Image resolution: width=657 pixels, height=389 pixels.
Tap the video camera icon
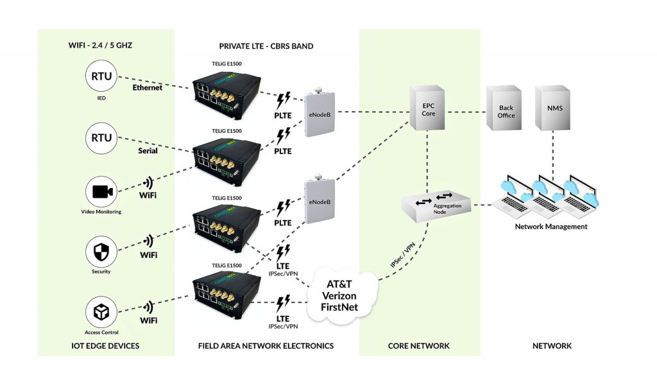[101, 192]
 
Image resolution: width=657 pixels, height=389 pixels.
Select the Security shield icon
[101, 252]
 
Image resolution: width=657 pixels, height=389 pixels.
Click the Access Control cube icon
[101, 313]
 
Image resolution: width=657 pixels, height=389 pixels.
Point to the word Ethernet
[147, 87]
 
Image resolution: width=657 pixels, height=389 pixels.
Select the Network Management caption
[551, 227]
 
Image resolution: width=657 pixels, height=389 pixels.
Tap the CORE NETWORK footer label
[419, 346]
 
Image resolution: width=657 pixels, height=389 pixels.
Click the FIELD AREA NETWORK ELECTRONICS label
[266, 346]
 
